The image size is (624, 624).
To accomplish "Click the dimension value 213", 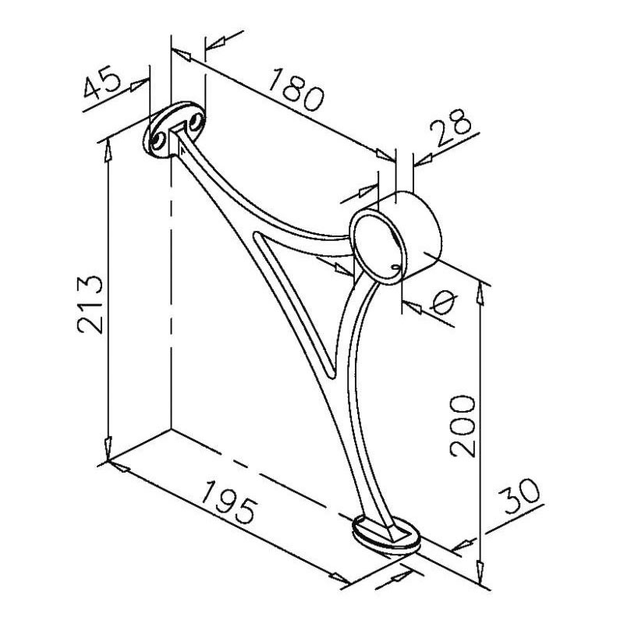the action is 90,303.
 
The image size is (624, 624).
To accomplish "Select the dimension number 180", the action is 296,90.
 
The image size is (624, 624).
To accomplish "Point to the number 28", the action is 451,126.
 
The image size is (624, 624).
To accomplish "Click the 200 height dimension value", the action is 463,426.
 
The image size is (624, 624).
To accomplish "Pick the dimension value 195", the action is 228,502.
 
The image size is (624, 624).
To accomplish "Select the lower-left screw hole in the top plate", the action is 158,140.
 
